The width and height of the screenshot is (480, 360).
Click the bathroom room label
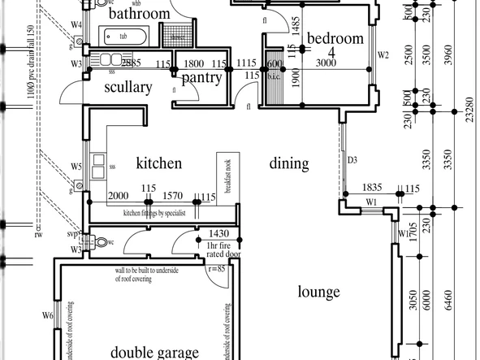coord(139,14)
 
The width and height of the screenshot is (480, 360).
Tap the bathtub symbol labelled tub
coord(123,37)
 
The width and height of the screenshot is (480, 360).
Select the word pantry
coord(201,78)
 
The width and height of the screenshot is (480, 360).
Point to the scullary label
coord(128,87)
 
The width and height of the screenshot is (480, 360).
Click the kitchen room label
coord(158,163)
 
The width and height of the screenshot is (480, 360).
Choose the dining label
coord(289,163)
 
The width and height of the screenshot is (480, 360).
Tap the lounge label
coord(318,292)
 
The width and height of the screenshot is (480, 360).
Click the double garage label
coord(154,353)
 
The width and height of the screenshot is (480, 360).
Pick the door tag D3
coord(352,160)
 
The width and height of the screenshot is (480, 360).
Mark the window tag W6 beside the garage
coord(47,315)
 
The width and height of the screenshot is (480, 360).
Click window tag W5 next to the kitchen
coord(76,167)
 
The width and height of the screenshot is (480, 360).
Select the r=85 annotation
coord(215,268)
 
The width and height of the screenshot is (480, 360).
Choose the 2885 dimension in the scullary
coord(132,63)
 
